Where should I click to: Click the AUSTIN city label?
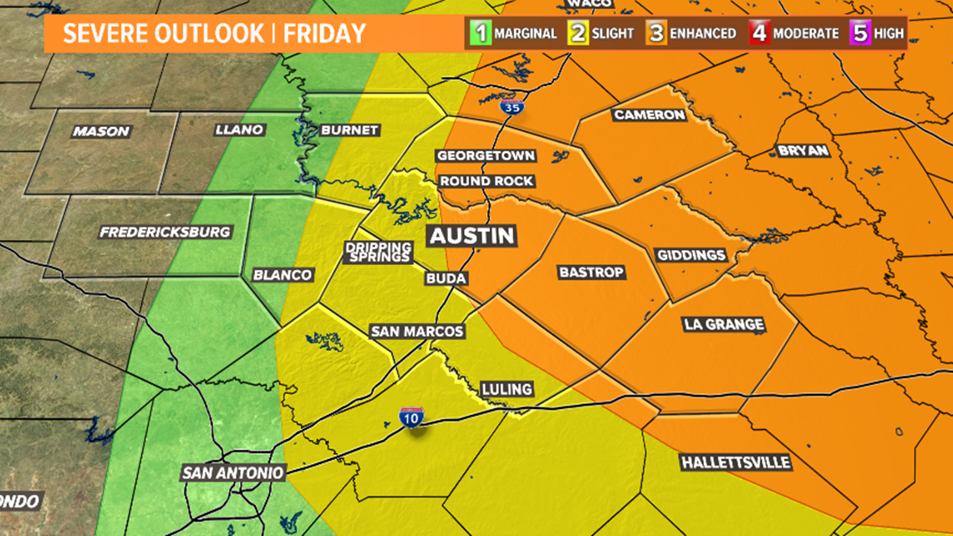tap(471, 236)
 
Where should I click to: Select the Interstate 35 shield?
tap(508, 106)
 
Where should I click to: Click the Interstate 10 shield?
tap(411, 417)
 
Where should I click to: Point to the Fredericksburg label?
tap(165, 232)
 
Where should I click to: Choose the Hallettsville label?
tap(735, 462)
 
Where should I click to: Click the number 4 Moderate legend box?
tap(759, 34)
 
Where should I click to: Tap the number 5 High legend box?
tap(861, 34)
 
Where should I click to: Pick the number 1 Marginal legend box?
tap(481, 34)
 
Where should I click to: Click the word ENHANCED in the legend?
tap(703, 34)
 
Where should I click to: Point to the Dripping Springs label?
tap(379, 252)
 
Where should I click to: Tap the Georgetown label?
tap(486, 156)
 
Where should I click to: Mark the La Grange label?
tap(723, 324)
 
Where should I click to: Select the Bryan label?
tap(803, 151)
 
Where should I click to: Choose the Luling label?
tap(506, 389)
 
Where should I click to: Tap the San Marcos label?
tap(416, 332)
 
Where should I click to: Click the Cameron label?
tap(650, 115)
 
